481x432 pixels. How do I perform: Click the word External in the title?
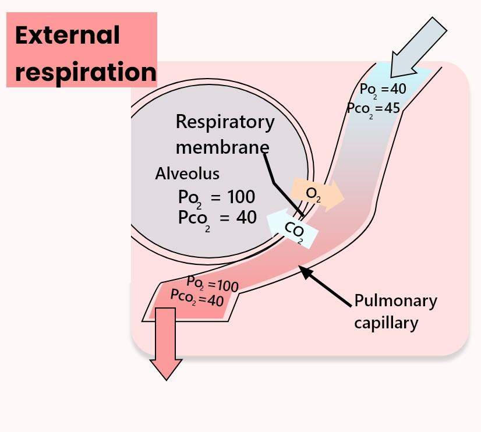tap(67, 36)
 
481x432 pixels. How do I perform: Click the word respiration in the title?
tap(86, 72)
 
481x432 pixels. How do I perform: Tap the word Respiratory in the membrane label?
tap(225, 122)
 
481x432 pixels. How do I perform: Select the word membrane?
tap(222, 147)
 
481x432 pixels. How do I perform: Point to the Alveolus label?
tap(187, 173)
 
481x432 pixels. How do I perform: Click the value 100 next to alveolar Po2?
tap(240, 197)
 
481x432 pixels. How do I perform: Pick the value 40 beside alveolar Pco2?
tap(246, 217)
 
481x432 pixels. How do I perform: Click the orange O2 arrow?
tap(317, 194)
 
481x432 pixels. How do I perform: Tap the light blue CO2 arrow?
tap(292, 229)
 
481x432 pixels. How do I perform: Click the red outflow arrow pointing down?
tap(166, 344)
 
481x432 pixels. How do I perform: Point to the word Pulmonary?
tap(395, 301)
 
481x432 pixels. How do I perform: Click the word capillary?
tap(386, 323)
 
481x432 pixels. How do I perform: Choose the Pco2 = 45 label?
tap(373, 108)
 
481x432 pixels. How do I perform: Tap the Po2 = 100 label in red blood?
tap(213, 284)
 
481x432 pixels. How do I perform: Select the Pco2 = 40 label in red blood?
tap(197, 298)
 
